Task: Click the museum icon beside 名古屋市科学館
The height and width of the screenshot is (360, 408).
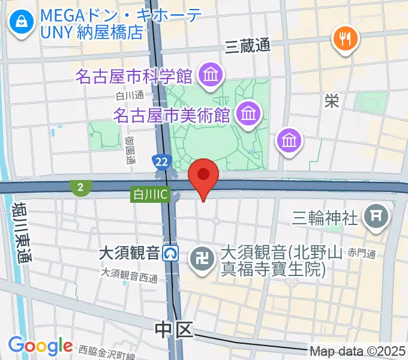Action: click(211, 76)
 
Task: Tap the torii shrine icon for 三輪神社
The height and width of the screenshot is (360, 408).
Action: click(377, 215)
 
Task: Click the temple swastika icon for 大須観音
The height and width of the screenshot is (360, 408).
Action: click(199, 259)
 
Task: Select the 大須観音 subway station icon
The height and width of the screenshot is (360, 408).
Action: click(172, 254)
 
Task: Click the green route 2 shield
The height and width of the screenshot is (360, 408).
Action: click(80, 188)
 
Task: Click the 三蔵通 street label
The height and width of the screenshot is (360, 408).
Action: click(248, 46)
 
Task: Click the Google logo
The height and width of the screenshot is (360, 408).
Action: click(40, 346)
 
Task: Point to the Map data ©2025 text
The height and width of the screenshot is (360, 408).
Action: click(358, 351)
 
